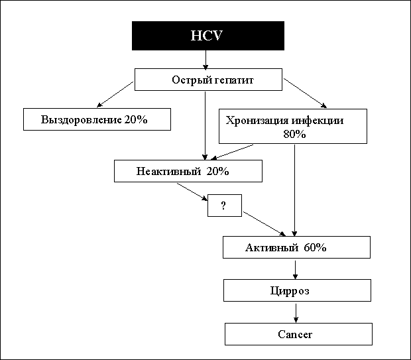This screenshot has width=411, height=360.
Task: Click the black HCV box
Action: click(x=208, y=36)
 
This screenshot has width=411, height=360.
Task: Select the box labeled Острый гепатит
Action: click(x=208, y=80)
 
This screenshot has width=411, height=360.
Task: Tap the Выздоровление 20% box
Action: click(x=97, y=119)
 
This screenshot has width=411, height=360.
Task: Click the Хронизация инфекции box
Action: click(x=293, y=127)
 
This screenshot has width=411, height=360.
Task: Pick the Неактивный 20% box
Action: click(x=188, y=171)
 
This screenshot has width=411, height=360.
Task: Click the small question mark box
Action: click(x=225, y=206)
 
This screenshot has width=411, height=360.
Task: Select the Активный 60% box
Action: click(x=296, y=247)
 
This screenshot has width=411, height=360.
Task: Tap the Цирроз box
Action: click(x=297, y=290)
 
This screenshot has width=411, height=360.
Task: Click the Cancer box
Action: click(x=298, y=334)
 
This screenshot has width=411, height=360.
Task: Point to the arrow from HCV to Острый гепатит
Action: click(x=206, y=60)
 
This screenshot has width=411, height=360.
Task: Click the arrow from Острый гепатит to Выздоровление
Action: click(x=115, y=94)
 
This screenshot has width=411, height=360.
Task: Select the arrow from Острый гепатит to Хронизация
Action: click(x=305, y=93)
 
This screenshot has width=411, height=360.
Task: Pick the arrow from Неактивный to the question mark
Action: click(x=192, y=192)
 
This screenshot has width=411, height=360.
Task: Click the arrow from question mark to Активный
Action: click(x=264, y=224)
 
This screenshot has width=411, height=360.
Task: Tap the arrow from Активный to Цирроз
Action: click(x=295, y=270)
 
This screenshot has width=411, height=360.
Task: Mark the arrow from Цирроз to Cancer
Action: click(x=296, y=314)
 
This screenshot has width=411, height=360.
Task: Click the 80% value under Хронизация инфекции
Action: click(x=294, y=134)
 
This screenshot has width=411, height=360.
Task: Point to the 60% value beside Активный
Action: click(x=315, y=247)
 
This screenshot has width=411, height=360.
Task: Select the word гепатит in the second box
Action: click(x=233, y=80)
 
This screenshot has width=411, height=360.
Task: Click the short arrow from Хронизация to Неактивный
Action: click(x=232, y=152)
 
